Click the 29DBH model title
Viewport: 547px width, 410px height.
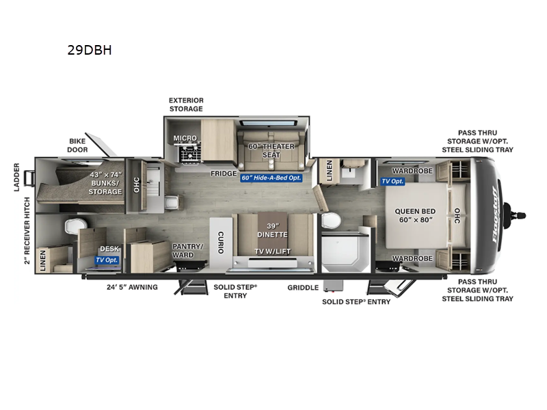pos(90,50)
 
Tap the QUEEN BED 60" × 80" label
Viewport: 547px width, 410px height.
pos(415,215)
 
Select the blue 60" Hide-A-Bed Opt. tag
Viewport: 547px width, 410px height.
pos(271,178)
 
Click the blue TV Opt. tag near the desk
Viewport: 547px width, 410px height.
pos(107,260)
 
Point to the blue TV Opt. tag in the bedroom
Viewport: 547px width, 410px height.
pos(392,181)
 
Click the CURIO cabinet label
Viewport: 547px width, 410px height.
pos(221,243)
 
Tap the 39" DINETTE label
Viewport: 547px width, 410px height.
pos(272,230)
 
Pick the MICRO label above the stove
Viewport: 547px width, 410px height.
pos(185,138)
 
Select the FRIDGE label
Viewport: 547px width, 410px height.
pos(224,174)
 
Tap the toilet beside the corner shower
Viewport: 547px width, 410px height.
pos(331,221)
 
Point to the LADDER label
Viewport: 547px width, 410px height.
pos(16,177)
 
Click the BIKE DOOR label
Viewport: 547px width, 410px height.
pos(77,146)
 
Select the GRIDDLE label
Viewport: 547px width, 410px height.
pos(303,288)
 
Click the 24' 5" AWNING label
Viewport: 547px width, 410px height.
pos(132,287)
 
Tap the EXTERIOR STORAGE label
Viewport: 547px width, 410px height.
pos(186,105)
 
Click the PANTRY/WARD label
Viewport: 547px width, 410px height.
pos(187,251)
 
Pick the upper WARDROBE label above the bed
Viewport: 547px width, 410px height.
pos(412,171)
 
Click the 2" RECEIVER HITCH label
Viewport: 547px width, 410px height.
pos(27,231)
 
